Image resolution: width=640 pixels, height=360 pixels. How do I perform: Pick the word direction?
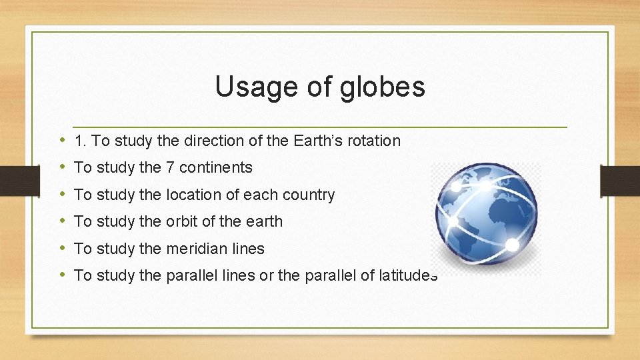[212, 141]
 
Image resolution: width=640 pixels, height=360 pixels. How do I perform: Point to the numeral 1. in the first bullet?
[81, 141]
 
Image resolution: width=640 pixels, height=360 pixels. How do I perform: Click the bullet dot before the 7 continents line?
[61, 167]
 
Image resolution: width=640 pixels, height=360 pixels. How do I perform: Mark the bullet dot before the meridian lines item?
[61, 248]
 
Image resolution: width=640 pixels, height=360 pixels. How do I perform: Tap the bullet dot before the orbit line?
[61, 221]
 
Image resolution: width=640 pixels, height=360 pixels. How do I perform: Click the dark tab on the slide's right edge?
[620, 181]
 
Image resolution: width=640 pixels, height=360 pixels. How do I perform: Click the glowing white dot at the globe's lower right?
[512, 245]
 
